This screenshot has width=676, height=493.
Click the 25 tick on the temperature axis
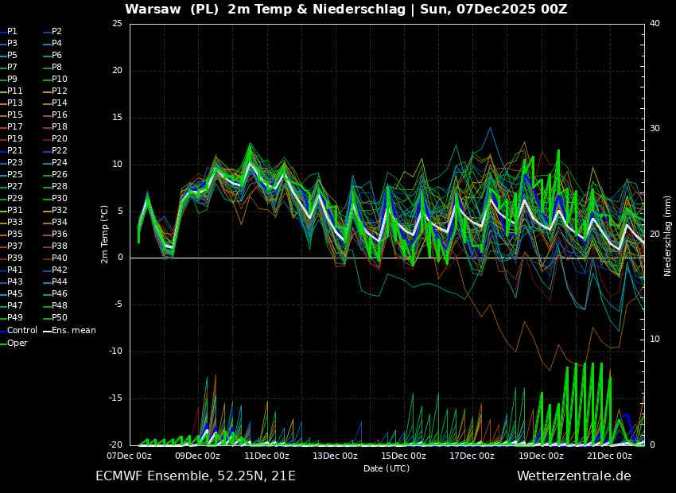coord(117,24)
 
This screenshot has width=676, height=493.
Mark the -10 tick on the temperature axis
coord(115,351)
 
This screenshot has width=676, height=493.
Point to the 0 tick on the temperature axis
coord(120,258)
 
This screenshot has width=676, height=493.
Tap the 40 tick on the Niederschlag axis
coord(655,24)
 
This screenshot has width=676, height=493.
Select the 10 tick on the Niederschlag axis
coord(655,340)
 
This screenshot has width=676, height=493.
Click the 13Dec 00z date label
coord(336,456)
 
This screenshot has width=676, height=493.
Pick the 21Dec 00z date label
coord(610,456)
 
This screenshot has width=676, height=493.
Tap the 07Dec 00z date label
coord(130,456)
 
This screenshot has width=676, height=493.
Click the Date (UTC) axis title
coord(387,468)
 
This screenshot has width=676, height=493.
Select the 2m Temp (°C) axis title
coord(104,235)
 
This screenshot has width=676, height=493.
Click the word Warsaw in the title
coord(153,10)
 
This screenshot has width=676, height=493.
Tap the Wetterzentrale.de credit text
coord(574,476)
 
